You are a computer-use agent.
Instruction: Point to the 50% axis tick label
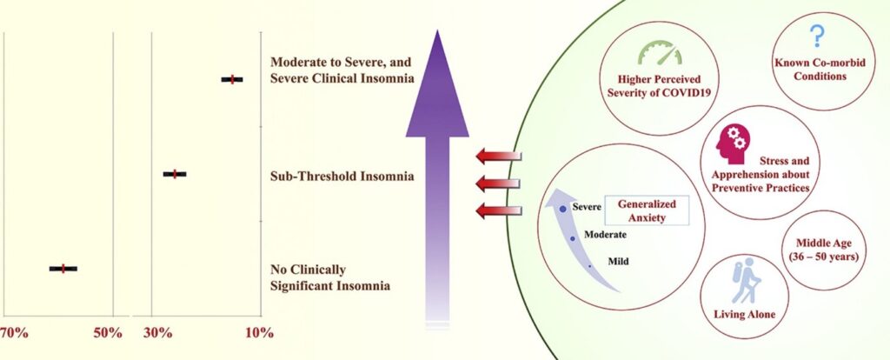pos(107,334)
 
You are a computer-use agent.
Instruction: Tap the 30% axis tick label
pos(156,334)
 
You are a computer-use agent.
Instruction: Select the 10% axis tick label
pos(259,334)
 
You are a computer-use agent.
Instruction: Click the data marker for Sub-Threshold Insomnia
pos(175,174)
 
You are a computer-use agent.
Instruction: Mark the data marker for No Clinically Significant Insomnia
pos(63,269)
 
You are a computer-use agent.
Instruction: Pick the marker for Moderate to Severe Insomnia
pos(231,80)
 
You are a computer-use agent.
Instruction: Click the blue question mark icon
pos(816,36)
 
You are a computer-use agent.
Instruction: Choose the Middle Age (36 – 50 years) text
pos(820,250)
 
